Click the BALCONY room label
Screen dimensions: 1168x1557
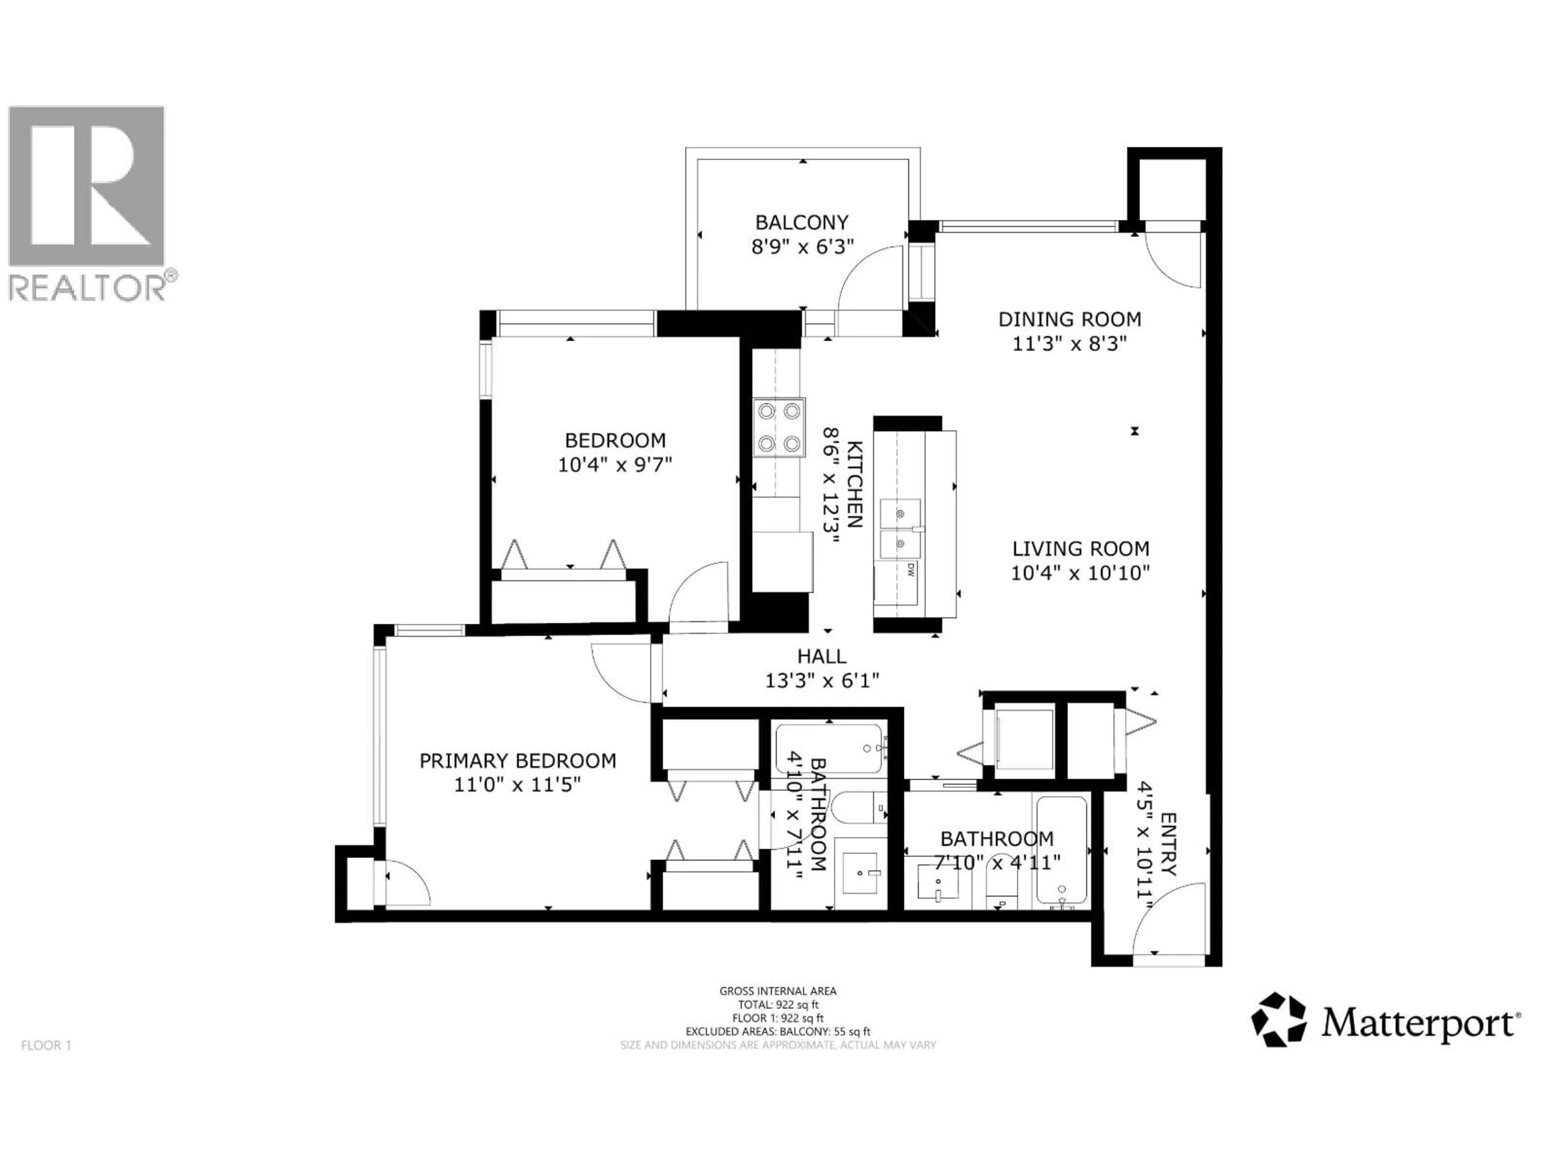[801, 223]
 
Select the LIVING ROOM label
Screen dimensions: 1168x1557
[1081, 548]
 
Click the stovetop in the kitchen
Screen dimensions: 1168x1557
[778, 427]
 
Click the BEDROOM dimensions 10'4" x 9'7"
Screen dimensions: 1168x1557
[615, 465]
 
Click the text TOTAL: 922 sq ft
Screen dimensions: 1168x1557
[778, 1005]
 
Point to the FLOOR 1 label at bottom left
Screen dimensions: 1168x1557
[47, 1046]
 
